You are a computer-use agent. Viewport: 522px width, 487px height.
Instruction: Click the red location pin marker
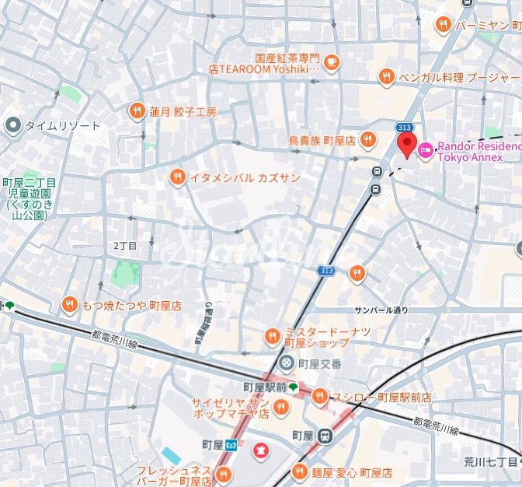point(406,144)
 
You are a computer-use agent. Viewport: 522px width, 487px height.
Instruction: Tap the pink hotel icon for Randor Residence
point(426,149)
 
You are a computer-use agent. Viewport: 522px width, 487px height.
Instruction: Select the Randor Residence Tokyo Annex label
point(478,151)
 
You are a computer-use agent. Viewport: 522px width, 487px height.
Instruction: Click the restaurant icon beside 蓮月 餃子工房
point(137,111)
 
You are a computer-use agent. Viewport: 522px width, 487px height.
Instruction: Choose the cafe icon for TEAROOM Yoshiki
point(331,61)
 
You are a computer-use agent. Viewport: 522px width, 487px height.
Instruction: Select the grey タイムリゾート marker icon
point(12,124)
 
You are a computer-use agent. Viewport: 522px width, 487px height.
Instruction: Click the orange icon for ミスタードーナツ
point(272,337)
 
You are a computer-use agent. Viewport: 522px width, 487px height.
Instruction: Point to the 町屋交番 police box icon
point(287,362)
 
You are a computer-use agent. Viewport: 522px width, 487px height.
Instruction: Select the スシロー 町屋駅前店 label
point(382,398)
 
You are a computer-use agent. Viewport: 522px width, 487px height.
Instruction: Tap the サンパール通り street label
point(381,310)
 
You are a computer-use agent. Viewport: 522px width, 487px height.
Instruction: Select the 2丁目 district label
point(124,246)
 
